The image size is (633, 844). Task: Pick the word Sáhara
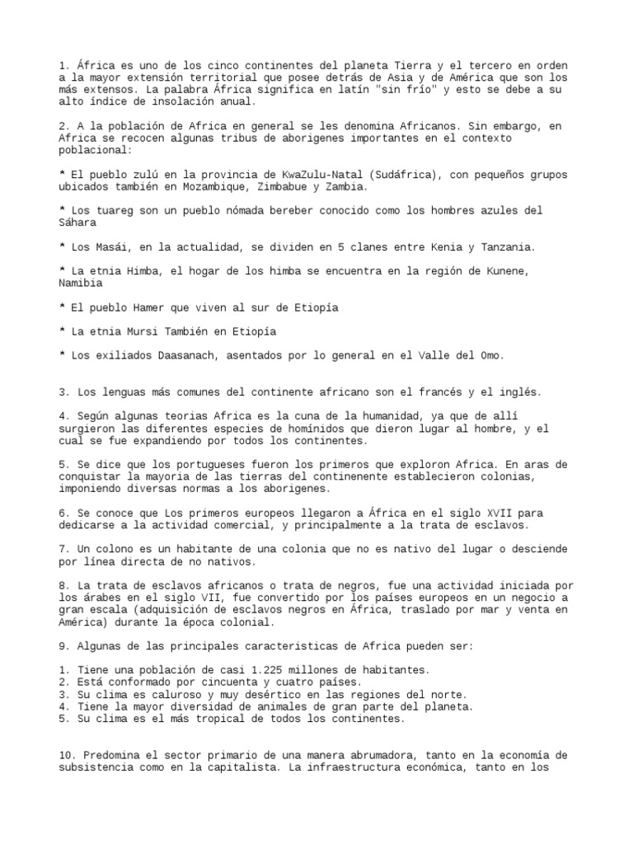point(79,223)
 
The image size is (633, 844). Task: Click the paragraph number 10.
point(69,756)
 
